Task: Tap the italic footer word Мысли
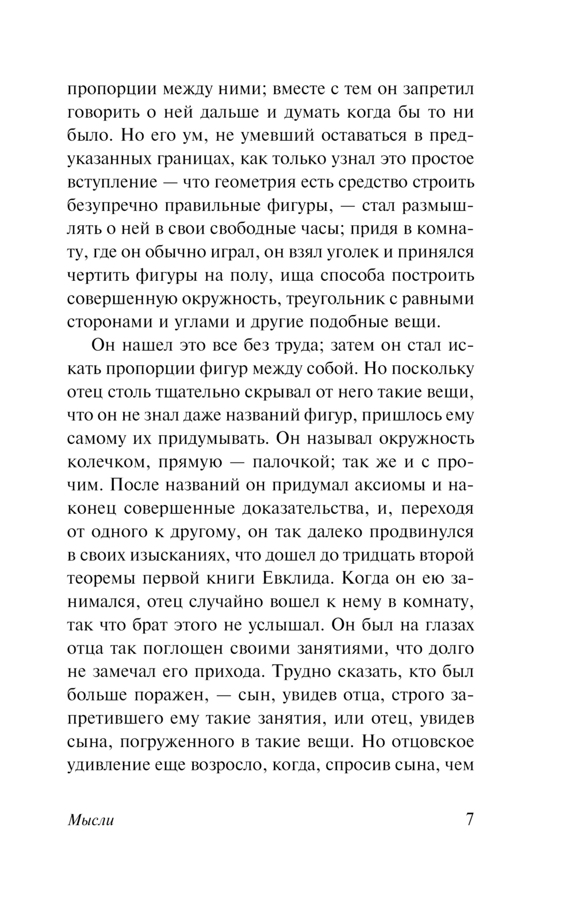point(91,820)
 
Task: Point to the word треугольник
point(339,299)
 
